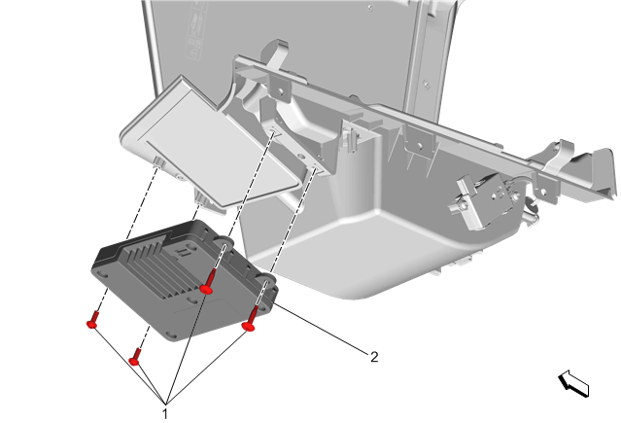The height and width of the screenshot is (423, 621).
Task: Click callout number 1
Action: (x=165, y=414)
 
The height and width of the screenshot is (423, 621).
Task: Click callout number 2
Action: (x=374, y=357)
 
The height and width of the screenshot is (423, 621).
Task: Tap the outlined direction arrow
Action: (x=573, y=383)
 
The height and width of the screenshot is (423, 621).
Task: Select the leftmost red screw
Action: (x=92, y=320)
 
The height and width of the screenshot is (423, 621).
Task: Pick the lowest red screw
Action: (x=135, y=357)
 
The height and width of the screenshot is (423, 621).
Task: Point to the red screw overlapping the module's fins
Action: (x=208, y=282)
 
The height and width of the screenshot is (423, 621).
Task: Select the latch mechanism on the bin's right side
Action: (x=485, y=201)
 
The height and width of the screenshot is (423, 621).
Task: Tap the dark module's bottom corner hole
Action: (x=172, y=335)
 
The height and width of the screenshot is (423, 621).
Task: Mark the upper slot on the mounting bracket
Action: (x=273, y=131)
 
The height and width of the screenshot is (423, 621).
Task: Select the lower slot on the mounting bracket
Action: (x=316, y=169)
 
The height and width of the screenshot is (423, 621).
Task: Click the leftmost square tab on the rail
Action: (x=280, y=88)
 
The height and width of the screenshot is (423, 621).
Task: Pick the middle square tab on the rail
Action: (x=419, y=143)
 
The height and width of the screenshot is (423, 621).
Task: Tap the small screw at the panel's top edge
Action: (x=370, y=8)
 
